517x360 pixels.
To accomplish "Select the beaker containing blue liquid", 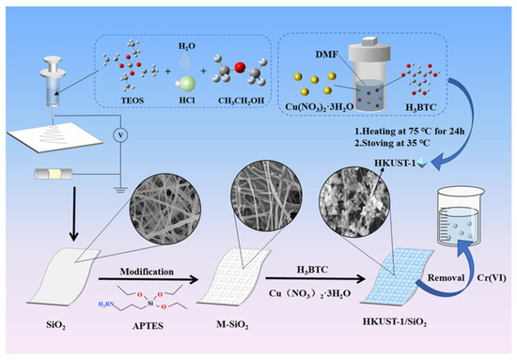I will click(x=462, y=224).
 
